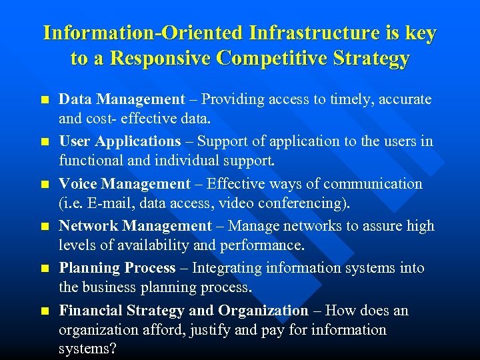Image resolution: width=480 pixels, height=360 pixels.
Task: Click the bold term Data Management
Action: [x=122, y=100]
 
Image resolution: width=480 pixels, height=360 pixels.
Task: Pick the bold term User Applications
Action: [x=120, y=141]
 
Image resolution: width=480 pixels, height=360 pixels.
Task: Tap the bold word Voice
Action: [x=77, y=184]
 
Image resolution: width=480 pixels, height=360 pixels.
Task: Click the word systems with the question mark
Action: [x=83, y=349]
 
